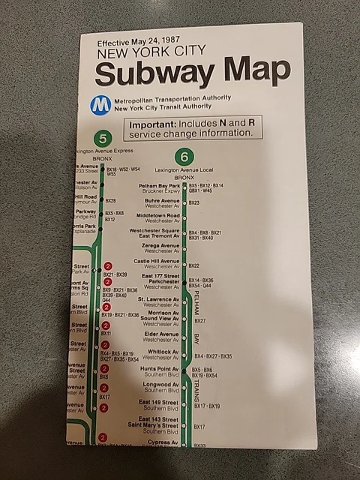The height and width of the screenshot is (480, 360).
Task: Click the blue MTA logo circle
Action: click(x=100, y=104)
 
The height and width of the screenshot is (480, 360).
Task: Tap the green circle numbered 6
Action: click(x=184, y=157)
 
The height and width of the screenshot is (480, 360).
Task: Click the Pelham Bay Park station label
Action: click(x=159, y=185)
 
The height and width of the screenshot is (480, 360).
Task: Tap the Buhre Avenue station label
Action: click(x=162, y=200)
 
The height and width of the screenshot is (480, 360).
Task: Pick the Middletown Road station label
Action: click(x=157, y=215)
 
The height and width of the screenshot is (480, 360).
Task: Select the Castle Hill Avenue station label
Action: click(x=157, y=261)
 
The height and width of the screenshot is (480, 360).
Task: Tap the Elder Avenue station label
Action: click(x=162, y=334)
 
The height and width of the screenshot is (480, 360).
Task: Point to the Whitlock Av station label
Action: click(x=163, y=351)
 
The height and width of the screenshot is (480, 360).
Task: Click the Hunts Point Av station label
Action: click(x=159, y=369)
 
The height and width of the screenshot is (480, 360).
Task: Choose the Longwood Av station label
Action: click(x=160, y=385)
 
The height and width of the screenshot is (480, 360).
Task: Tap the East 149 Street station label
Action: click(x=158, y=403)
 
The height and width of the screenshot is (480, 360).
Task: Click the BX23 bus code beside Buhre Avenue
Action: click(x=193, y=202)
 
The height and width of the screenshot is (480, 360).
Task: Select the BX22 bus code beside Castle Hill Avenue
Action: click(x=193, y=265)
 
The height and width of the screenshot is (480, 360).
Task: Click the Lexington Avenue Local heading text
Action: click(x=184, y=170)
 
